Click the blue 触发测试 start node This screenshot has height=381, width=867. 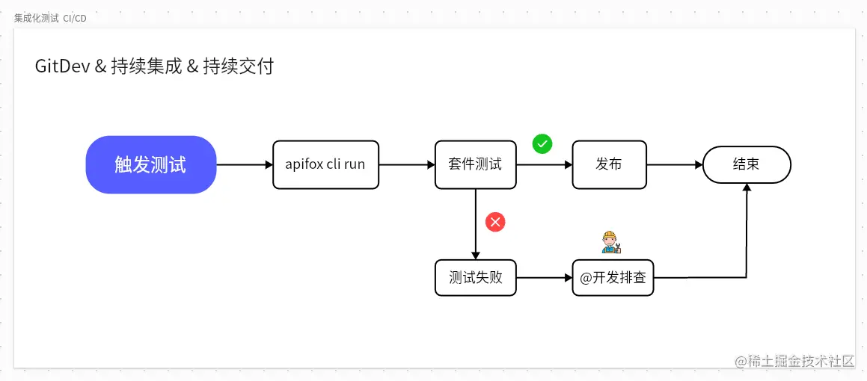pyautogui.click(x=151, y=164)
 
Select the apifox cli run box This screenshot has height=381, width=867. pyautogui.click(x=325, y=164)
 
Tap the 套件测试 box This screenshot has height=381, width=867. pyautogui.click(x=475, y=164)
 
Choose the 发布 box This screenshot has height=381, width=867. pyautogui.click(x=609, y=164)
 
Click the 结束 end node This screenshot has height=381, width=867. pyautogui.click(x=746, y=164)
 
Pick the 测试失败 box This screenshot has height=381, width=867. pyautogui.click(x=475, y=278)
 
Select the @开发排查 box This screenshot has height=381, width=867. pyautogui.click(x=613, y=278)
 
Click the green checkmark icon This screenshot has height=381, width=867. pyautogui.click(x=542, y=143)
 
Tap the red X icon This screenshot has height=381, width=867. pyautogui.click(x=495, y=222)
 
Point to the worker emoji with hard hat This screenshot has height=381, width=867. pyautogui.click(x=611, y=242)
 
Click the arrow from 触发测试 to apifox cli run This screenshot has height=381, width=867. pyautogui.click(x=245, y=164)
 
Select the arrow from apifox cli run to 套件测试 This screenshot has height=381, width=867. pyautogui.click(x=407, y=164)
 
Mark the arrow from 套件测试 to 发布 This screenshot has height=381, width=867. pyautogui.click(x=545, y=164)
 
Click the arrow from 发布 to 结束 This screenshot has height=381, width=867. pyautogui.click(x=674, y=164)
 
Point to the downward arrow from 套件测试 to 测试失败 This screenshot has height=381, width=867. pyautogui.click(x=475, y=224)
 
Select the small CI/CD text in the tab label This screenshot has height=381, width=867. pyautogui.click(x=75, y=18)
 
